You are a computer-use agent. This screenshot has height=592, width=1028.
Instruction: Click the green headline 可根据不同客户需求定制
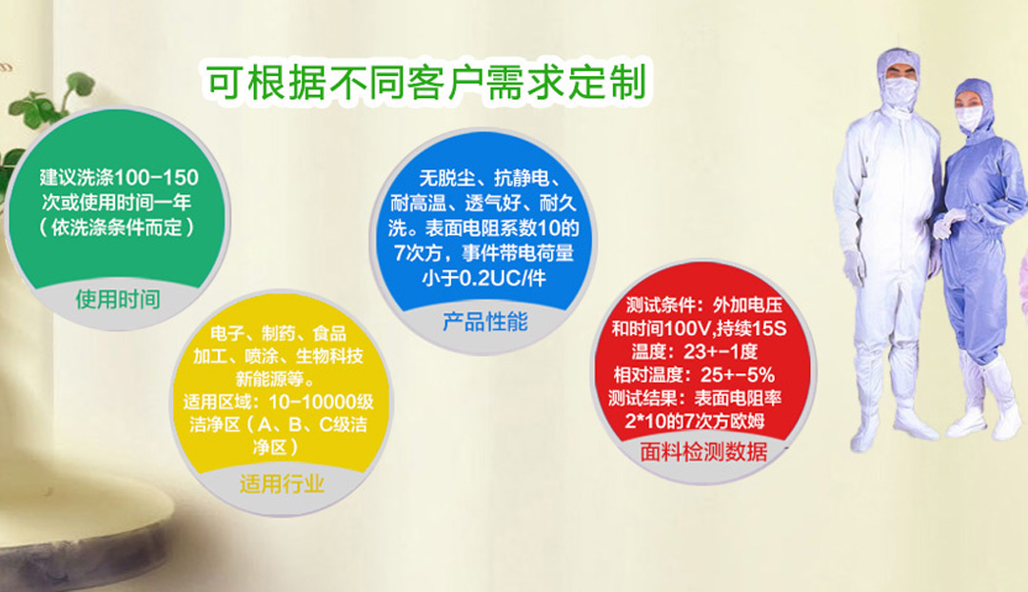click(426, 82)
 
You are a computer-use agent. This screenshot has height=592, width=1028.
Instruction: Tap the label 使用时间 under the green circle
click(118, 300)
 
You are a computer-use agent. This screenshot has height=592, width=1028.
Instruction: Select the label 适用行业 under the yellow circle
click(282, 483)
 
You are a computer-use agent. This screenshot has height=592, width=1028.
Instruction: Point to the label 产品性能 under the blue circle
click(485, 322)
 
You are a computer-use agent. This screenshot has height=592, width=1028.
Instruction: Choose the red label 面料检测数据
click(703, 452)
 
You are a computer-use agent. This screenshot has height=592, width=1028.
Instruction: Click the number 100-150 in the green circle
click(156, 177)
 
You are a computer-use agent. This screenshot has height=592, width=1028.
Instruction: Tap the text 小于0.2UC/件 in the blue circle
click(484, 278)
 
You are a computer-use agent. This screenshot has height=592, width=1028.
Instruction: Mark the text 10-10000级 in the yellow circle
click(322, 402)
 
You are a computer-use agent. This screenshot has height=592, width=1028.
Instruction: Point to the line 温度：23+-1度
click(694, 351)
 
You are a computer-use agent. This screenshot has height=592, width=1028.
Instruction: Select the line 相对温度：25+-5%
click(694, 375)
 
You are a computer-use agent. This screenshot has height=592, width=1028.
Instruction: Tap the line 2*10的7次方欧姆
click(694, 421)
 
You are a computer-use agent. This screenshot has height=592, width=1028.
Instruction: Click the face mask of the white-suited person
click(899, 89)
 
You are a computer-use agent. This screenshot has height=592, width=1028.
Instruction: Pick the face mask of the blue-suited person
click(968, 119)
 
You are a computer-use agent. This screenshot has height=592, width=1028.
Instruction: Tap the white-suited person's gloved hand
click(854, 268)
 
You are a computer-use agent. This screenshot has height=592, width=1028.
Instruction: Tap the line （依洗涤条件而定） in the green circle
click(117, 227)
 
